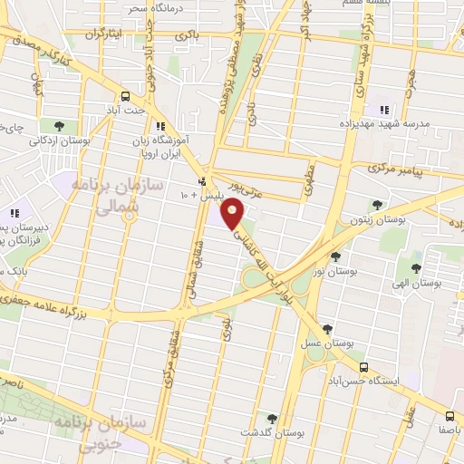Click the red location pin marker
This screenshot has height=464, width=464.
234,214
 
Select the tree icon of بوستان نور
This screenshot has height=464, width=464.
335,257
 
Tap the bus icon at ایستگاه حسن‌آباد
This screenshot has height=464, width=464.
363,367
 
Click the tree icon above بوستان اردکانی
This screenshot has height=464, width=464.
59,125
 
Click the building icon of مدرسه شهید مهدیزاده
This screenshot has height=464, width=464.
382,98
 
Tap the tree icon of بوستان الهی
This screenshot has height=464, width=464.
417,267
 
